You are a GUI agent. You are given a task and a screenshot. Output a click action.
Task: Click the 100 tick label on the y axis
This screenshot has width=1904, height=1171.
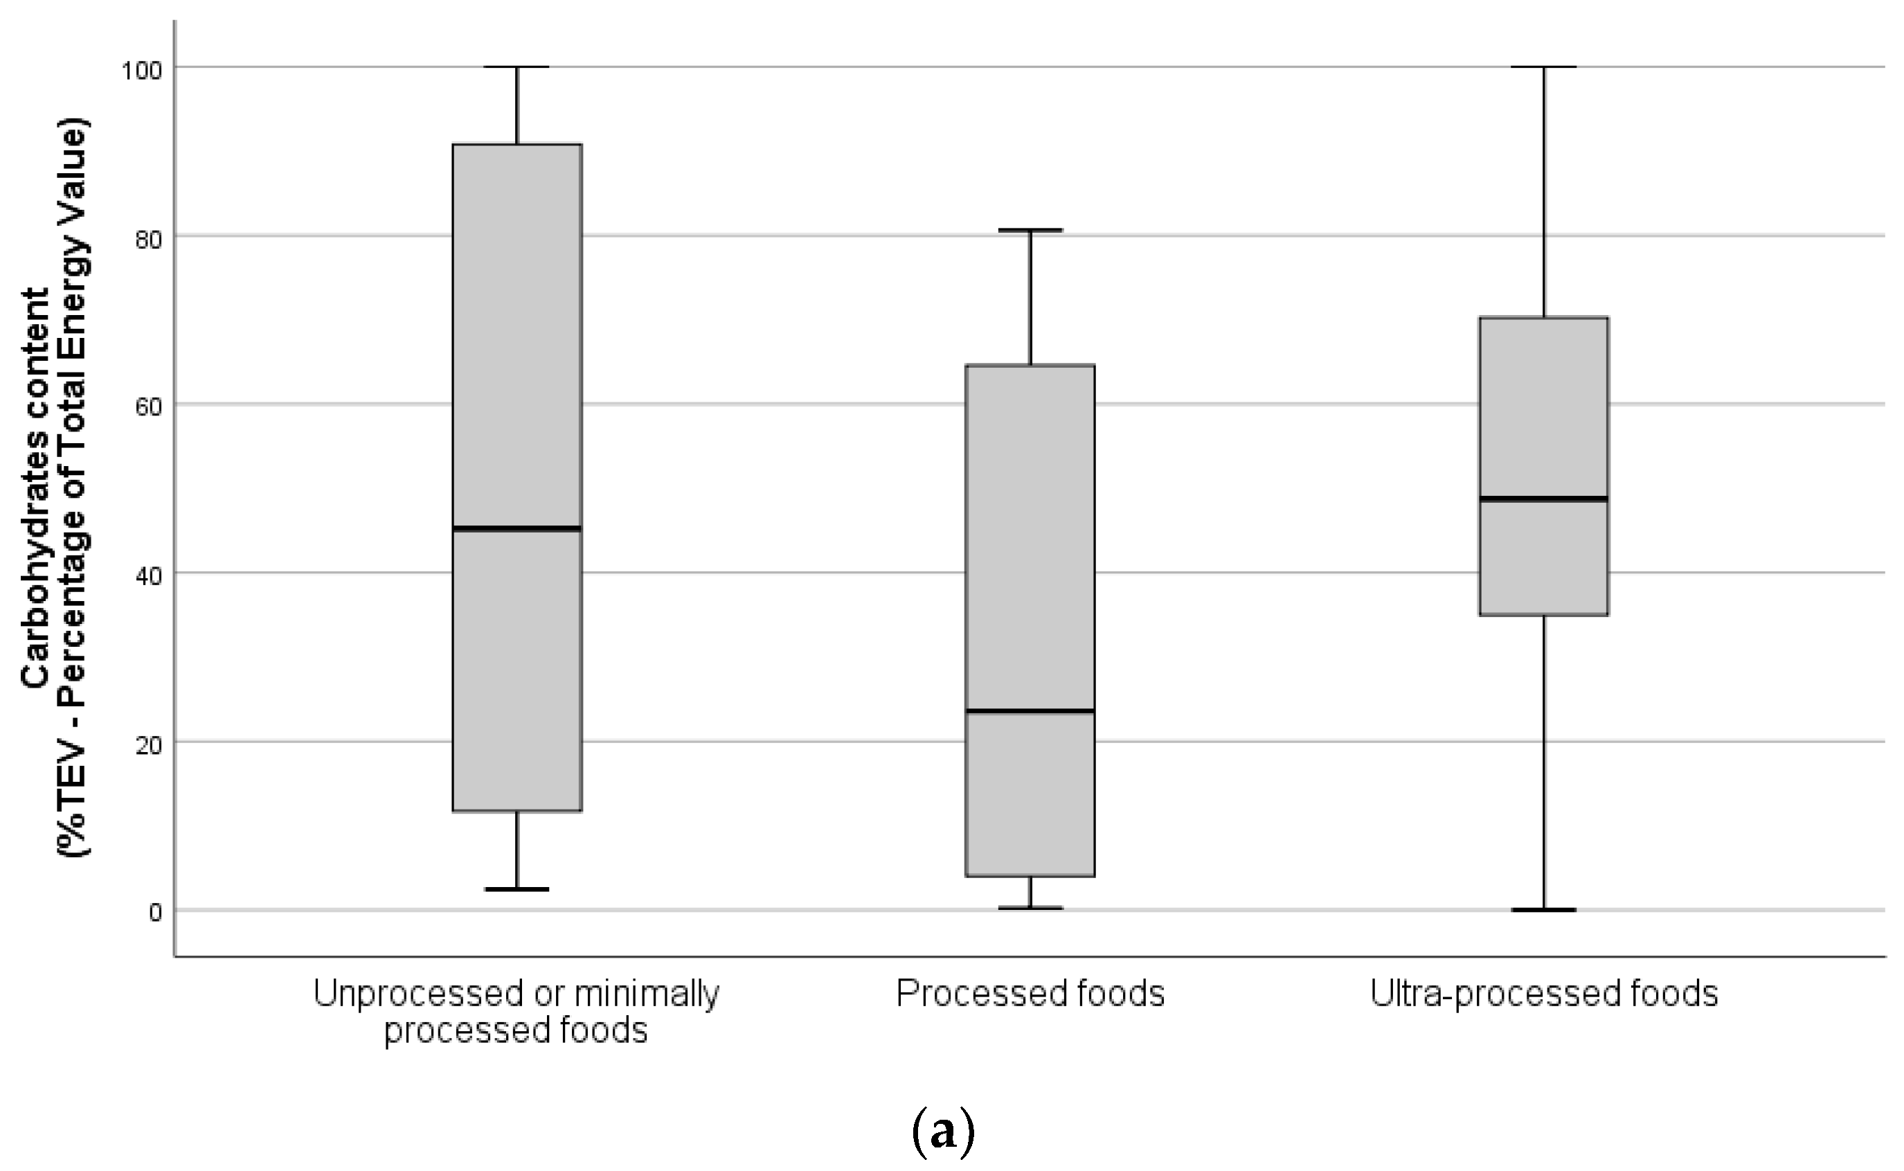[x=142, y=70]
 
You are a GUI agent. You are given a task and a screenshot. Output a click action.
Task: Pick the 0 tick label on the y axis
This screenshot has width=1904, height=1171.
[x=155, y=912]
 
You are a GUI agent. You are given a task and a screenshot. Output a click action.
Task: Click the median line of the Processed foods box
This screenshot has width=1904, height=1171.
[x=1030, y=710]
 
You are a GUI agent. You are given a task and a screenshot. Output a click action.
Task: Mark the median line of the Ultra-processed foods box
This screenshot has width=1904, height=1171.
[x=1543, y=498]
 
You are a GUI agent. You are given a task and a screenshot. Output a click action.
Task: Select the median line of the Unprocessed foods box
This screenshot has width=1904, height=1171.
[x=517, y=528]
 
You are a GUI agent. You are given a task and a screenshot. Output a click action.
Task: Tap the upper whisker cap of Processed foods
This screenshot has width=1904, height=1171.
[x=1030, y=230]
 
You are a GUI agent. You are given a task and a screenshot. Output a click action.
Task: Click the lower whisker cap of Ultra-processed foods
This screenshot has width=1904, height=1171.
[x=1543, y=909]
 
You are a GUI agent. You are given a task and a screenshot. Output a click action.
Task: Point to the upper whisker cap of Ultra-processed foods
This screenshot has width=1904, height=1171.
[x=1543, y=67]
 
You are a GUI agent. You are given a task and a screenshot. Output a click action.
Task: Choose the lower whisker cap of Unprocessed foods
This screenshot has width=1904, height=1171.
[x=517, y=889]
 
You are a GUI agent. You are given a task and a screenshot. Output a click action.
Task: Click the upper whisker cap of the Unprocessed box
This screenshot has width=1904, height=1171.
[x=517, y=67]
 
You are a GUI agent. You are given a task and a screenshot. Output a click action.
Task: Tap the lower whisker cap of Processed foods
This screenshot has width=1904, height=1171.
[x=1030, y=908]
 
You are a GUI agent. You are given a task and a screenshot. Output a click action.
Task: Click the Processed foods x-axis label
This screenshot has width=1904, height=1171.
[x=1030, y=994]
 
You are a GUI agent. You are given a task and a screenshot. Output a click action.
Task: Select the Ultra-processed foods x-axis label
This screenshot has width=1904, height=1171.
[x=1543, y=994]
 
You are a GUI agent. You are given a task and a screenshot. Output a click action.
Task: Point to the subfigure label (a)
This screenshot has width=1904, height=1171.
[x=942, y=1132]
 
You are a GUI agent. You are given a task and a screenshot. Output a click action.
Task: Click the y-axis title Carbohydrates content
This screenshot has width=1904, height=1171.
[x=35, y=488]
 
